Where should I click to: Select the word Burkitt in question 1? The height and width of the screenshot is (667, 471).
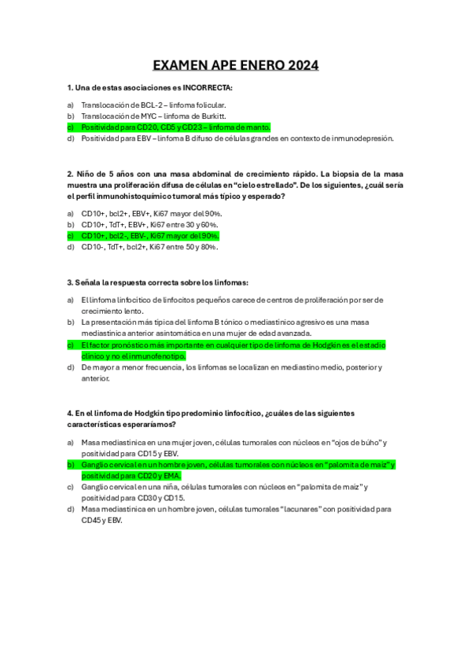click(212, 116)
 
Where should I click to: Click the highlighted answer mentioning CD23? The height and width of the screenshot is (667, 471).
click(175, 127)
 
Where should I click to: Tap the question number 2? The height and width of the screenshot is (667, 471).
click(70, 173)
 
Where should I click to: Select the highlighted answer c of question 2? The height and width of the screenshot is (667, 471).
click(149, 235)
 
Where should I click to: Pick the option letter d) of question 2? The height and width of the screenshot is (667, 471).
click(70, 246)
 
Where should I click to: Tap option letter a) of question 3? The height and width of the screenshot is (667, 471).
click(70, 300)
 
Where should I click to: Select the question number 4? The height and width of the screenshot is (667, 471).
click(70, 412)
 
